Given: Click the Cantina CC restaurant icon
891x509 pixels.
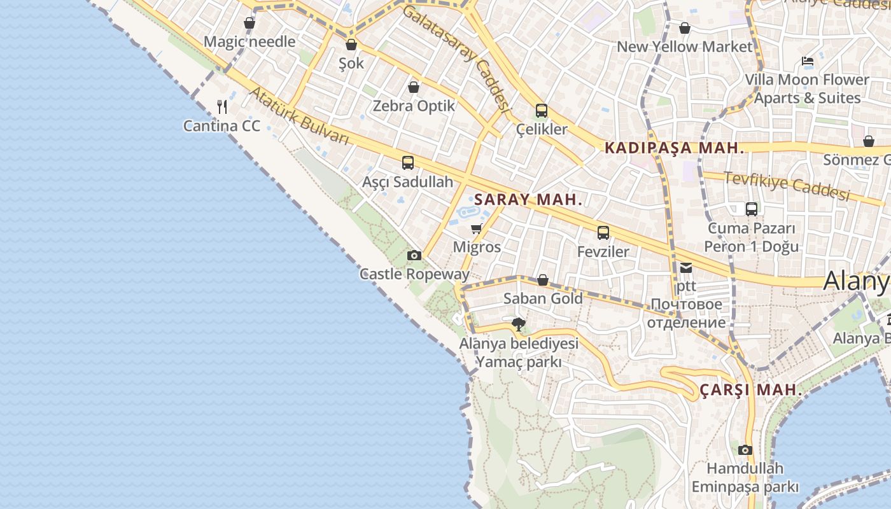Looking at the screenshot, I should (221, 106).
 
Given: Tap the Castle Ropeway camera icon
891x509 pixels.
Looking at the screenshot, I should (414, 255).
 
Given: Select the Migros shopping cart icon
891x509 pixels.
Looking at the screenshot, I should (476, 228).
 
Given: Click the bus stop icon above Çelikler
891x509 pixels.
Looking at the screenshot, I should (542, 111).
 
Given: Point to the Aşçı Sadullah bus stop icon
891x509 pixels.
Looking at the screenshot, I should (408, 163).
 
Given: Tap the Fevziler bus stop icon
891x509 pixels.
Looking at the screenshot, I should (603, 233).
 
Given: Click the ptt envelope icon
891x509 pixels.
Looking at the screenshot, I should (686, 268).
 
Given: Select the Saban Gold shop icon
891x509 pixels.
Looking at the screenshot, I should (543, 280).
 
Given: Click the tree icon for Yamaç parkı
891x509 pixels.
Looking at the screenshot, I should (519, 324).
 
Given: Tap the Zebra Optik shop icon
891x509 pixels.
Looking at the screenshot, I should (414, 87).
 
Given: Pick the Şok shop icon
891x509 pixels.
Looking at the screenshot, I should (351, 45).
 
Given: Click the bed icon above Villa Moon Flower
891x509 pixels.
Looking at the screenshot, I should (808, 62).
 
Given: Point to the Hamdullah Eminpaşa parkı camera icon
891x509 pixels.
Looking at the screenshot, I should (745, 450).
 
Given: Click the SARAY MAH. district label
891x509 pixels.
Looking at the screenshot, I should (528, 199).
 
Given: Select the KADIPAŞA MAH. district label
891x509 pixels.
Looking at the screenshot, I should (675, 148).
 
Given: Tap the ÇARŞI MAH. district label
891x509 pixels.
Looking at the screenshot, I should (751, 390).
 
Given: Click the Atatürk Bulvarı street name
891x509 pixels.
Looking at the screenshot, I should (299, 116).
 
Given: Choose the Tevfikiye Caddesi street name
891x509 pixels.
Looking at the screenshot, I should (787, 186).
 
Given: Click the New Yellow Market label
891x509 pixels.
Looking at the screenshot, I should (685, 46).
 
